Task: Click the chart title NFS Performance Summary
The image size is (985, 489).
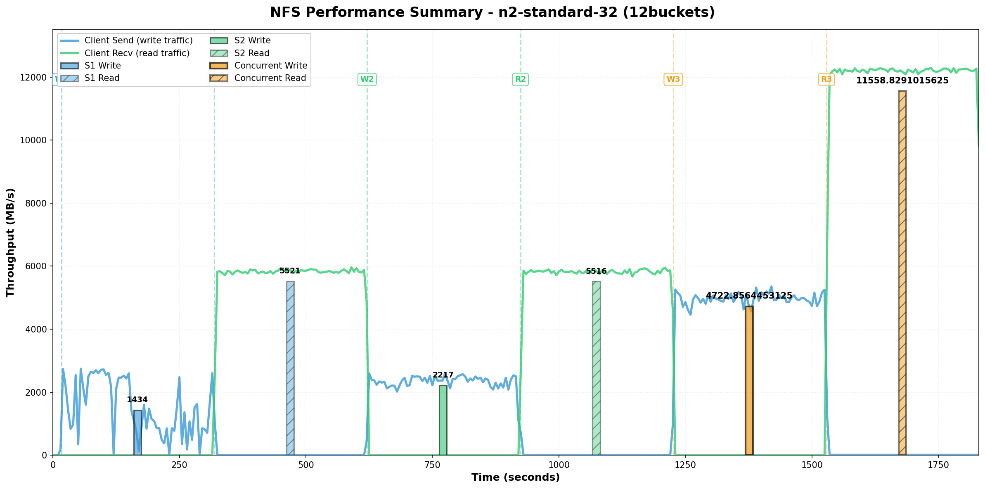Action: (492, 12)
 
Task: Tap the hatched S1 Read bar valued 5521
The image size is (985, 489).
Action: (290, 368)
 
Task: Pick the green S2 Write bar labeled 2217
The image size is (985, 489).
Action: (443, 420)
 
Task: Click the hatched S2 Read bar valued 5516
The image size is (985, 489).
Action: (596, 368)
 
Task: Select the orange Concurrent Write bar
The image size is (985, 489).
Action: (749, 380)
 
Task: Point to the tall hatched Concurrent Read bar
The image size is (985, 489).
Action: (902, 273)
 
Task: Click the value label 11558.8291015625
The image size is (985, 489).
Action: (902, 81)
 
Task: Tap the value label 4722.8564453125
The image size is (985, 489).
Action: (749, 296)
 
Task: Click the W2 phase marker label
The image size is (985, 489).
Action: (367, 79)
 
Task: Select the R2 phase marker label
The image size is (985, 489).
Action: (520, 79)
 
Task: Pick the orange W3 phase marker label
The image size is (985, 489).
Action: (673, 79)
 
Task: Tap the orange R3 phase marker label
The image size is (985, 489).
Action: (826, 79)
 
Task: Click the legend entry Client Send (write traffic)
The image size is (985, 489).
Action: (138, 40)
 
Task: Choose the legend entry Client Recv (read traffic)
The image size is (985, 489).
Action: (137, 53)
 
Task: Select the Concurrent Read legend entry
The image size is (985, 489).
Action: (270, 78)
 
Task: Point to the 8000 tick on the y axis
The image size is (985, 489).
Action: (35, 203)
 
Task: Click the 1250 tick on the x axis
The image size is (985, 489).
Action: (685, 465)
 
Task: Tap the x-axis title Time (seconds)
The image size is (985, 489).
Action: (515, 477)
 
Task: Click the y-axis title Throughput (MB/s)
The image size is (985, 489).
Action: (10, 242)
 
